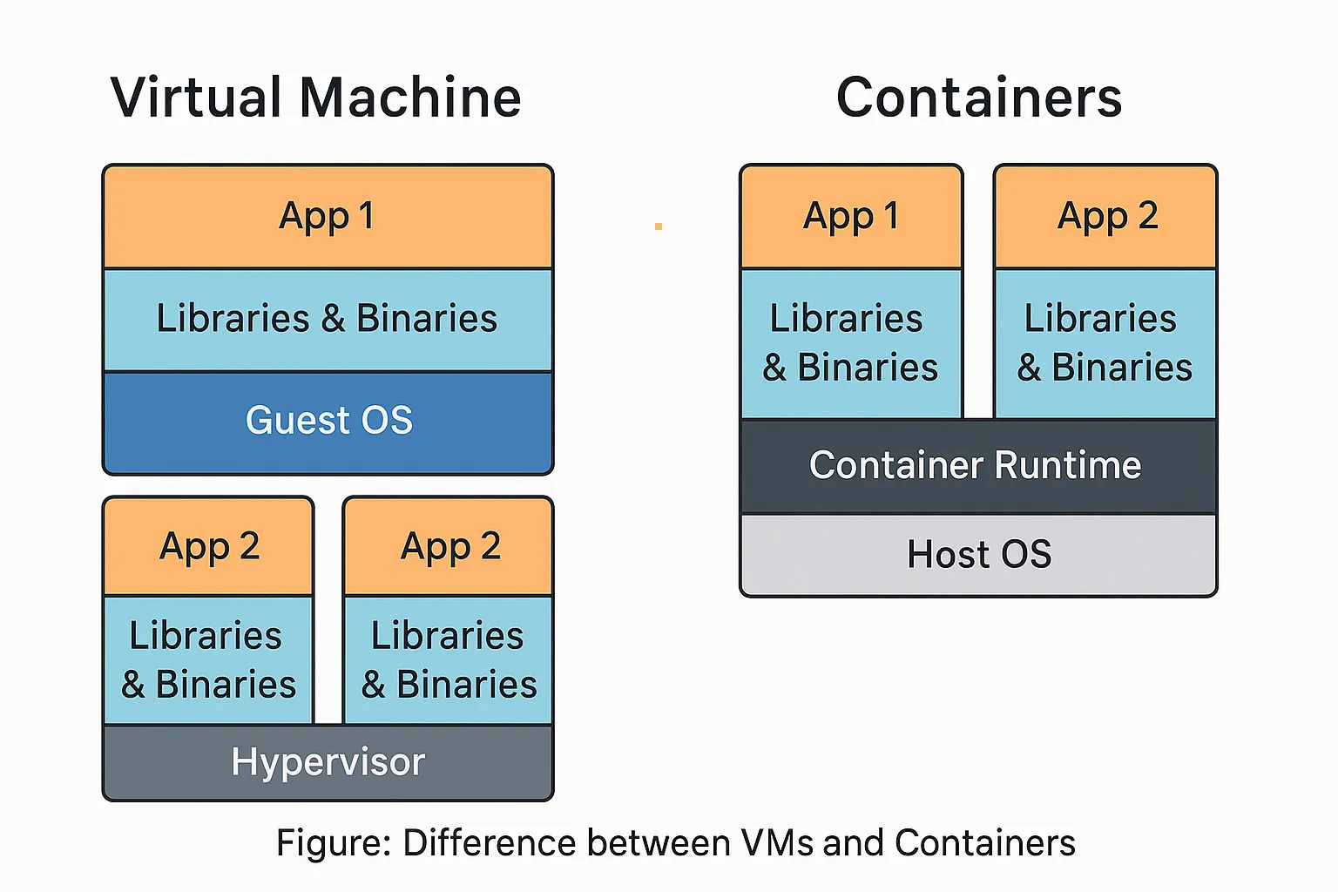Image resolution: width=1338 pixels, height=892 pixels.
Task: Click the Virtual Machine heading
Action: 315,97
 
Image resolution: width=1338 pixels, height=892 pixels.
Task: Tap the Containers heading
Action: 979,97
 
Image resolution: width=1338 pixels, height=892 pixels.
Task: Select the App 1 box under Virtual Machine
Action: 328,216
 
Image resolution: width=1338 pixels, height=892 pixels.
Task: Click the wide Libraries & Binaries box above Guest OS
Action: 328,319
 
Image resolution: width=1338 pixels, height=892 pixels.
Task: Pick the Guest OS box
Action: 328,422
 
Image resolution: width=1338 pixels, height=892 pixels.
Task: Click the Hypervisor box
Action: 328,762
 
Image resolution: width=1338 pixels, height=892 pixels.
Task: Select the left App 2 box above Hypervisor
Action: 209,547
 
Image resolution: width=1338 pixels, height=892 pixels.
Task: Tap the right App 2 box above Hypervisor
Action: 449,547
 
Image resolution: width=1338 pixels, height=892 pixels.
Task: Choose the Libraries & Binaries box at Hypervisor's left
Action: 209,659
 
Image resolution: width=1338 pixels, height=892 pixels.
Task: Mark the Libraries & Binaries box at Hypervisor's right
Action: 449,659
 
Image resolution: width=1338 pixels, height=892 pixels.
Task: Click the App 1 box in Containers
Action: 851,216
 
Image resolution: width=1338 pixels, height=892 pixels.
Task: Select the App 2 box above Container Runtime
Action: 1106,216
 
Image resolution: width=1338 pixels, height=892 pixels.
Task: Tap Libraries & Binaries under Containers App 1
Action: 851,343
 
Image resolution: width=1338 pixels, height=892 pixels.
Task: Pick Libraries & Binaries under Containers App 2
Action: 1105,343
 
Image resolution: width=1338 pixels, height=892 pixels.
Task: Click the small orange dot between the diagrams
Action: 659,226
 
